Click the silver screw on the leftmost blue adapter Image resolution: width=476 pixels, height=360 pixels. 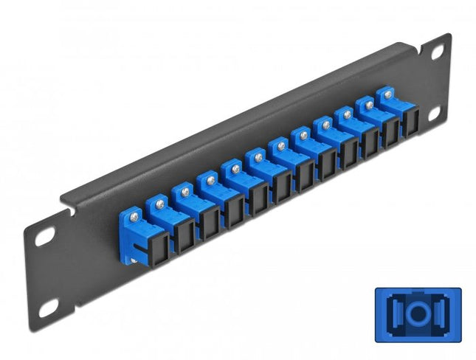click(134, 215)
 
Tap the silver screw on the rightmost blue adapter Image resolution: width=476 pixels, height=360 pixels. click(384, 94)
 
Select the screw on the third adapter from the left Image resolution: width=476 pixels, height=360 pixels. click(184, 191)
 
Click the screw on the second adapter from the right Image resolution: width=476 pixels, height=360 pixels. click(366, 104)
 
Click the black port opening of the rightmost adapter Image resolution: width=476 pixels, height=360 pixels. click(409, 126)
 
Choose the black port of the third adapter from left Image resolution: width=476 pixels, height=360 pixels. click(210, 224)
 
